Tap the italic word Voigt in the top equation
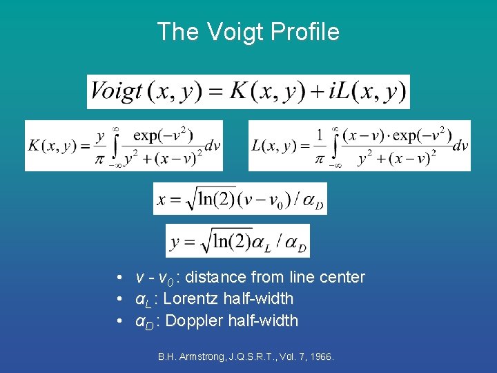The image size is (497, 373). (x=115, y=91)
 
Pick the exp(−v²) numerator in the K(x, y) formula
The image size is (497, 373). (x=163, y=135)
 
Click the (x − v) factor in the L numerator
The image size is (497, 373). (x=364, y=135)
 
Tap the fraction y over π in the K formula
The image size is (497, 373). (x=101, y=146)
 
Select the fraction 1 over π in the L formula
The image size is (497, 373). (x=320, y=146)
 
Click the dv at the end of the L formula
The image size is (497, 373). (x=460, y=146)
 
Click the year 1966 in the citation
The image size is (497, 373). (x=320, y=357)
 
